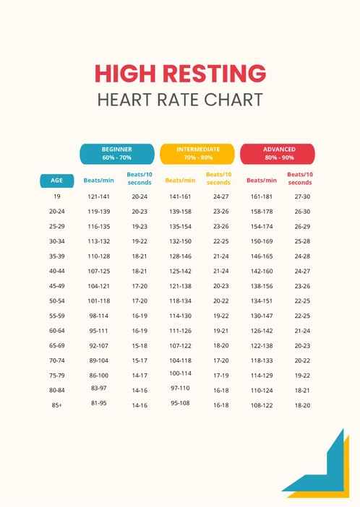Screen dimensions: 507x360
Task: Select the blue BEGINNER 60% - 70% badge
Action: coord(116,154)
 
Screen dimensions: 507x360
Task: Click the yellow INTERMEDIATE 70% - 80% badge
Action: coord(197,154)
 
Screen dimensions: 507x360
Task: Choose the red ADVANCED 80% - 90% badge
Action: coord(278,154)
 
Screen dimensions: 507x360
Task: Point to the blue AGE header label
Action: coord(56,181)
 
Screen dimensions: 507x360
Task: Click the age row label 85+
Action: coord(56,405)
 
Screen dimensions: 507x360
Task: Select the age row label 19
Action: coord(56,196)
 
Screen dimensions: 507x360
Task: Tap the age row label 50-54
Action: coord(56,300)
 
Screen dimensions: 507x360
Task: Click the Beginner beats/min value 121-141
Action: coord(99,196)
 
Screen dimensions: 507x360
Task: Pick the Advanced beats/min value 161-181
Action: coord(261,196)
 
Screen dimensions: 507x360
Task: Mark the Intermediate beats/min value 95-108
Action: coord(180,403)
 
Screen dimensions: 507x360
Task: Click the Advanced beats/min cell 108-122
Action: coord(261,405)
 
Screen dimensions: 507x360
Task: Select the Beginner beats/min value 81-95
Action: coord(99,403)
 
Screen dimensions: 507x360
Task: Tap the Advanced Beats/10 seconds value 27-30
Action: coord(302,196)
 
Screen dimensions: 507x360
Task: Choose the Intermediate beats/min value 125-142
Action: coord(180,271)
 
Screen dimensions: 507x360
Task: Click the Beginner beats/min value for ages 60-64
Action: coord(99,331)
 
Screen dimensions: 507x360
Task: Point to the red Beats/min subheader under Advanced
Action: coord(261,181)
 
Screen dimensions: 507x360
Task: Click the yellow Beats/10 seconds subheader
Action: coord(218,178)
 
